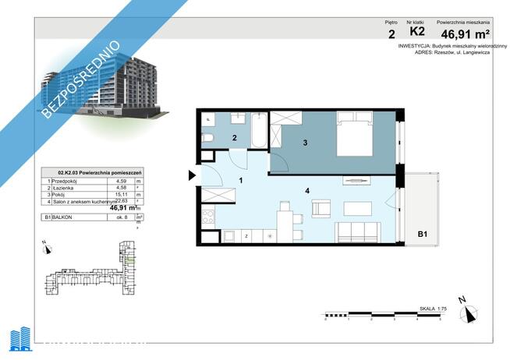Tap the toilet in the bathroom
click(207, 138)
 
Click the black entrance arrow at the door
click(191, 176)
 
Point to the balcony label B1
click(422, 233)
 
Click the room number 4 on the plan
click(308, 189)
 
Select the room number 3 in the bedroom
click(306, 143)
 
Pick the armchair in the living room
click(321, 208)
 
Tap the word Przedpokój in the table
click(69, 180)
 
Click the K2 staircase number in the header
click(417, 32)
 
